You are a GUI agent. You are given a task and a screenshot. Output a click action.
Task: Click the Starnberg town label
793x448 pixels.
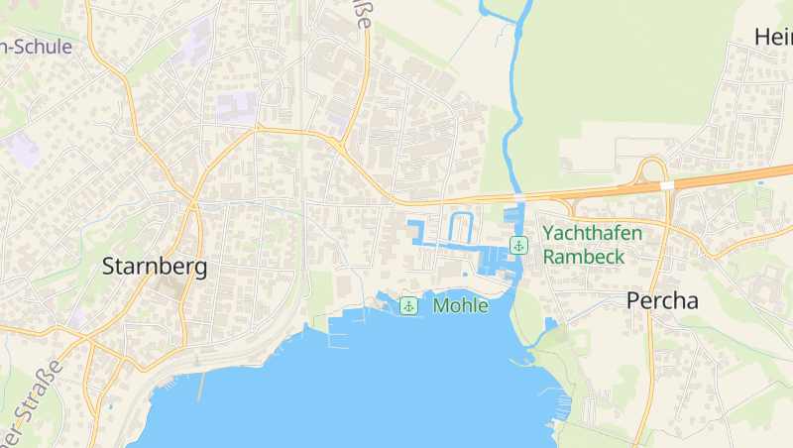tap(155, 267)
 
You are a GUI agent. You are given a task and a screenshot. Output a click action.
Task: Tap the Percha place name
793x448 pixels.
tap(662, 301)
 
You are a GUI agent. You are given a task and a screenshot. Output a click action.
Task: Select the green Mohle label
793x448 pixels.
tap(461, 305)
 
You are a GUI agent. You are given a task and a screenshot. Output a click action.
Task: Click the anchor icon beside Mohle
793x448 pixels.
tap(407, 305)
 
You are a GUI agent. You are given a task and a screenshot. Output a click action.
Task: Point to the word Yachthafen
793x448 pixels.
tap(593, 234)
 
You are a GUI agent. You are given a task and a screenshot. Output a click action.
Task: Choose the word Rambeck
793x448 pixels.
tap(584, 256)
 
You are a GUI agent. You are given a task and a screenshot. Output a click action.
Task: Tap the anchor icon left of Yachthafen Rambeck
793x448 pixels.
tap(517, 245)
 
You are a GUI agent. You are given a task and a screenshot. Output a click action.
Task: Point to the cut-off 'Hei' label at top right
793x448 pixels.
tap(773, 38)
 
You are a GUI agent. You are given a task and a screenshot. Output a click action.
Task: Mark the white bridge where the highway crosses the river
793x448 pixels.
tap(516, 197)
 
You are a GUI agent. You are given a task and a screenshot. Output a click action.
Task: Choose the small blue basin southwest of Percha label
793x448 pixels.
tap(550, 324)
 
